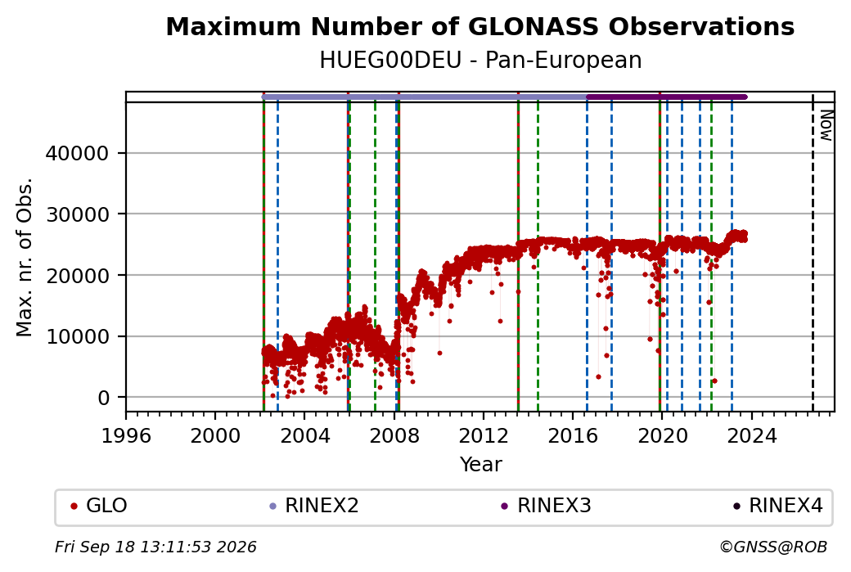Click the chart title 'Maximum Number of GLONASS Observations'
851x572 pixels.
tap(480, 26)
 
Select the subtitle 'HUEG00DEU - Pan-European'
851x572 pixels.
tap(480, 60)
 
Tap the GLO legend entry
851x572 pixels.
tap(99, 506)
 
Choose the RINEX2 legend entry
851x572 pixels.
tap(314, 506)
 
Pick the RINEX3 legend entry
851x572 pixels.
tap(546, 506)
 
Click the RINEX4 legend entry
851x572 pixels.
tap(777, 506)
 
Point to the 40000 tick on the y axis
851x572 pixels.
tap(77, 154)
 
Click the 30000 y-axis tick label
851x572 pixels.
tap(77, 215)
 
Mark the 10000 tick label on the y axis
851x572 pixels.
tap(77, 337)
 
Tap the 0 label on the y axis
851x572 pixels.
tap(104, 399)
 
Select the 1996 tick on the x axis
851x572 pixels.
tap(126, 436)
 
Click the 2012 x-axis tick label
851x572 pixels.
tap(483, 436)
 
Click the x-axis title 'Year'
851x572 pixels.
tap(481, 465)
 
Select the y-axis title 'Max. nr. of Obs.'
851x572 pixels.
tap(25, 257)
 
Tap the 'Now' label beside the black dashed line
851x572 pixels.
tap(826, 125)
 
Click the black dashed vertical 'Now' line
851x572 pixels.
tap(813, 252)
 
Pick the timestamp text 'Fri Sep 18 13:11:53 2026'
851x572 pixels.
tap(155, 547)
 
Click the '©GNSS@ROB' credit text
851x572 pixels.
tap(773, 547)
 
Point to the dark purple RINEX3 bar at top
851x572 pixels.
tap(667, 97)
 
